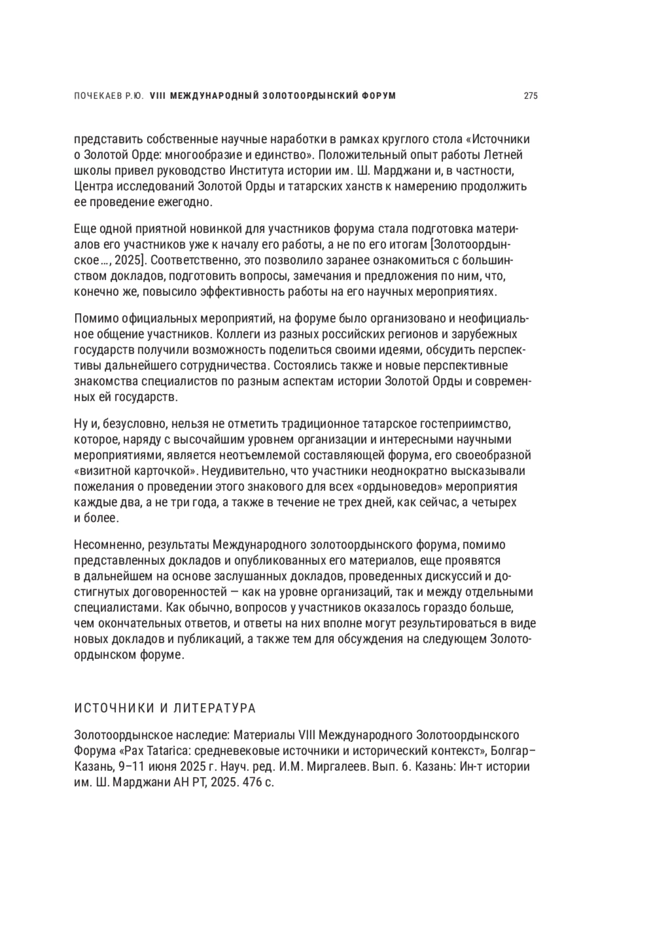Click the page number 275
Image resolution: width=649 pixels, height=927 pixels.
(530, 96)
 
